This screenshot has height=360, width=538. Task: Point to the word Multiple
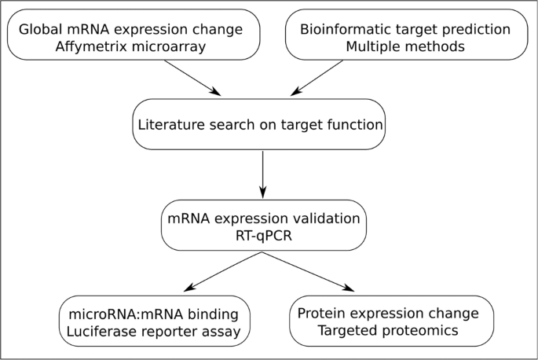tap(370, 46)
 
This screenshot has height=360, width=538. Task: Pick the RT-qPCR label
tap(264, 236)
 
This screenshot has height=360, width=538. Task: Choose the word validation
tap(326, 219)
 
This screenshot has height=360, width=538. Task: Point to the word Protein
tap(321, 314)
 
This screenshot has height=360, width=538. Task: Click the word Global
tap(41, 29)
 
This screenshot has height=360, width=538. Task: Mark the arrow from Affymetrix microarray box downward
tap(192, 78)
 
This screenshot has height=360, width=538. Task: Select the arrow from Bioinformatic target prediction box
tap(317, 78)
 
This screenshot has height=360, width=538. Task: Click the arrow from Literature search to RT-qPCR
tap(263, 174)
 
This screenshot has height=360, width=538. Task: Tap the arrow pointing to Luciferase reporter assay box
tap(223, 272)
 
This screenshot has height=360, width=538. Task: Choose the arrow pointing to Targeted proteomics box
tap(308, 272)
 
